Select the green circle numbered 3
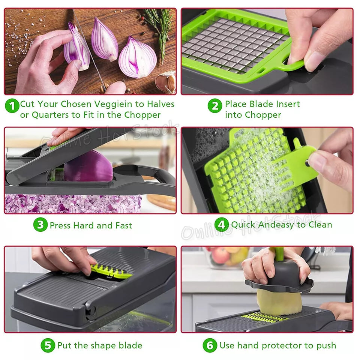click(x=40, y=225)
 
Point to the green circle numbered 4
click(x=222, y=225)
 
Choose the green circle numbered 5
click(x=48, y=345)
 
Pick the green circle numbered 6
click(x=210, y=345)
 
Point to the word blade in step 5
click(x=130, y=345)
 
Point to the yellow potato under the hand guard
click(x=274, y=302)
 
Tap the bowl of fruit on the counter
click(x=225, y=259)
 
